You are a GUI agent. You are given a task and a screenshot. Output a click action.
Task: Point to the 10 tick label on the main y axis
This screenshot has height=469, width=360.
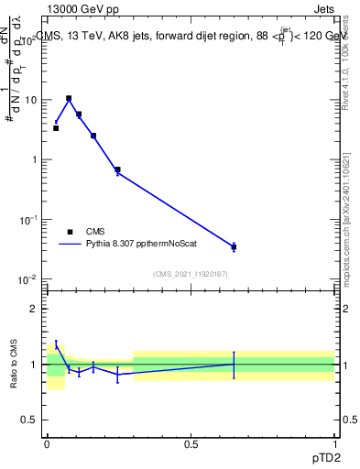pos(30,100)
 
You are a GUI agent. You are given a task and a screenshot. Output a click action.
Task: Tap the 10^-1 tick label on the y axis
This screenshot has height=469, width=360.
pos(29,220)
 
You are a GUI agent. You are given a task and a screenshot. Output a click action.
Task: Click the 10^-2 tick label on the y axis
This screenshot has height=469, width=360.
pos(29,279)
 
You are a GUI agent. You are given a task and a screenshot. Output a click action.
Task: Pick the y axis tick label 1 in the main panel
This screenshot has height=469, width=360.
pos(36,159)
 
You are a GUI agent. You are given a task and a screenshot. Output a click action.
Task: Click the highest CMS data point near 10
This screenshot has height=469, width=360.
pos(69,98)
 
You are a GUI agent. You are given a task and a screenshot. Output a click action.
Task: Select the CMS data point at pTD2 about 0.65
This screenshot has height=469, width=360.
pos(234,246)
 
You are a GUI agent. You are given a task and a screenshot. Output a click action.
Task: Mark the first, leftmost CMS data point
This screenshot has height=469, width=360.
pos(56,128)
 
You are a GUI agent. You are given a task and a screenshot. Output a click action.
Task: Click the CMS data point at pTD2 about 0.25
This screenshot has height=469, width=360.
pos(117,169)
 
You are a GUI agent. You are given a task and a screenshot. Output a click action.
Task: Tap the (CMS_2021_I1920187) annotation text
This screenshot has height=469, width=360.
pos(191,273)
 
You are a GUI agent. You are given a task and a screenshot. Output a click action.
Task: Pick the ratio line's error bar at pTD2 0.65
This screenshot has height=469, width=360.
pos(234,365)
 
